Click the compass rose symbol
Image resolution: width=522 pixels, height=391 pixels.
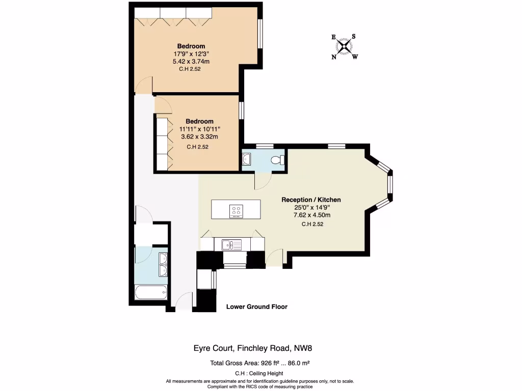(345, 47)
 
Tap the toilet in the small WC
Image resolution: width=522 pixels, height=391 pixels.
(276, 160)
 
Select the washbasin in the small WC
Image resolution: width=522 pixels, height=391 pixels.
(246, 159)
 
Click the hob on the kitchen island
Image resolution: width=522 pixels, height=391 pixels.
(236, 210)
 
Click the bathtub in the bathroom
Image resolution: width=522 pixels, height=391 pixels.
(150, 292)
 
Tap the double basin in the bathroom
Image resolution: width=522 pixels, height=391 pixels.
(163, 264)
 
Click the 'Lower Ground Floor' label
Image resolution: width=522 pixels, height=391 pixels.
(256, 306)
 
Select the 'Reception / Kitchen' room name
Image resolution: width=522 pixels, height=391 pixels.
(311, 200)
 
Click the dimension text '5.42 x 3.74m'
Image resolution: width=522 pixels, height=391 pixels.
(191, 61)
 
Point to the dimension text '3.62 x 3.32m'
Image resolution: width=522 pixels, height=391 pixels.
(199, 136)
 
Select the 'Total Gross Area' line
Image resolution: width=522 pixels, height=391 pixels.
(260, 364)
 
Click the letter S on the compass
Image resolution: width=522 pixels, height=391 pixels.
(353, 36)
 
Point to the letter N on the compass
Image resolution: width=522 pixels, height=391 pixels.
(334, 57)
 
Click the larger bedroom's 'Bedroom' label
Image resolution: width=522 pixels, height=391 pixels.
(191, 46)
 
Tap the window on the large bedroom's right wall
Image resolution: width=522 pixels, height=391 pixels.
(260, 34)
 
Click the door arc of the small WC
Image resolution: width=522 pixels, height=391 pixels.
(263, 180)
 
